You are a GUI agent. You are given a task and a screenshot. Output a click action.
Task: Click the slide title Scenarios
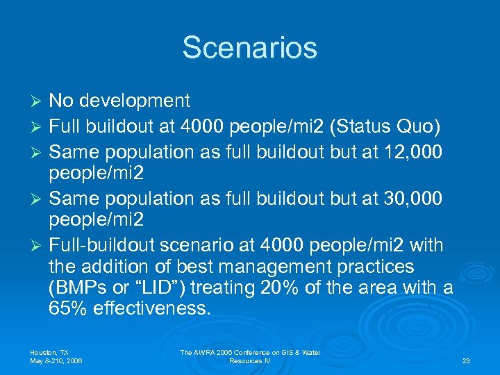click(249, 47)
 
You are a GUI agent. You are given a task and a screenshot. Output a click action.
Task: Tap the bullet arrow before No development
click(38, 101)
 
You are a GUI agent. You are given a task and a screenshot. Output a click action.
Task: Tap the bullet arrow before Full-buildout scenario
click(38, 247)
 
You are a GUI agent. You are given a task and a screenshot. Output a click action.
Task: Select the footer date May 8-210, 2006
click(57, 361)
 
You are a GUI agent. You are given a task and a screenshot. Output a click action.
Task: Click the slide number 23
click(465, 361)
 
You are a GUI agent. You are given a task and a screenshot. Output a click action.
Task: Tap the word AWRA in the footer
click(208, 353)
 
